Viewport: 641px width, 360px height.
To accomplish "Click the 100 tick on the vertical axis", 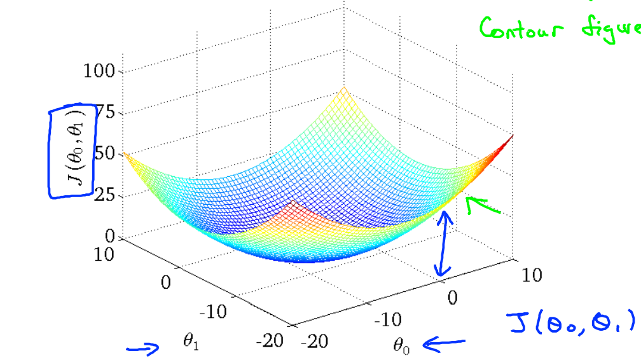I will click(x=99, y=71).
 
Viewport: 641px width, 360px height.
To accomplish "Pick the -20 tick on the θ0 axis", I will click(x=314, y=342).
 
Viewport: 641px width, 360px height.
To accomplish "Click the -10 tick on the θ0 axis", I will click(x=388, y=320).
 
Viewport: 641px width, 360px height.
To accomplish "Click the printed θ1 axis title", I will click(x=190, y=342).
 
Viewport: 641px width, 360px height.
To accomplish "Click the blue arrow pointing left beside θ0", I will click(x=444, y=344).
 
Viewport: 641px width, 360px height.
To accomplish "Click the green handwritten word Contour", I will click(x=521, y=29).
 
